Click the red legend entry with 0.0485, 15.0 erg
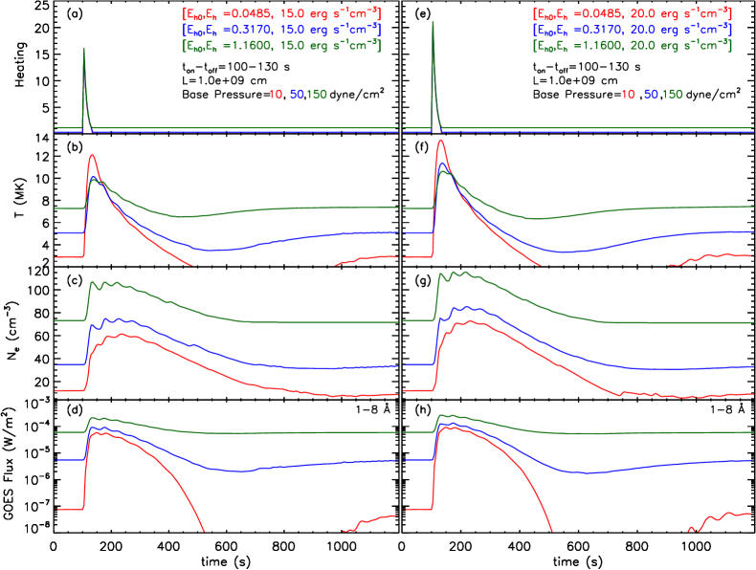pyautogui.click(x=281, y=14)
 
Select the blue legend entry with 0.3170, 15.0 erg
pyautogui.click(x=281, y=30)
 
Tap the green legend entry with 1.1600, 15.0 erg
pyautogui.click(x=281, y=45)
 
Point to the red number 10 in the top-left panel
pyautogui.click(x=276, y=95)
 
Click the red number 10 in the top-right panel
pyautogui.click(x=629, y=95)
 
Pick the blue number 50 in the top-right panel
pyautogui.click(x=651, y=95)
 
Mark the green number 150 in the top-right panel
pyautogui.click(x=672, y=95)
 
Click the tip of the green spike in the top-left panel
pyautogui.click(x=85, y=48)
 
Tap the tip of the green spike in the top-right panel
pyautogui.click(x=434, y=21)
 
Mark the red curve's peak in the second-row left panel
pyautogui.click(x=92, y=155)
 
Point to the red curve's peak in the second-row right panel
pyautogui.click(x=441, y=142)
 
